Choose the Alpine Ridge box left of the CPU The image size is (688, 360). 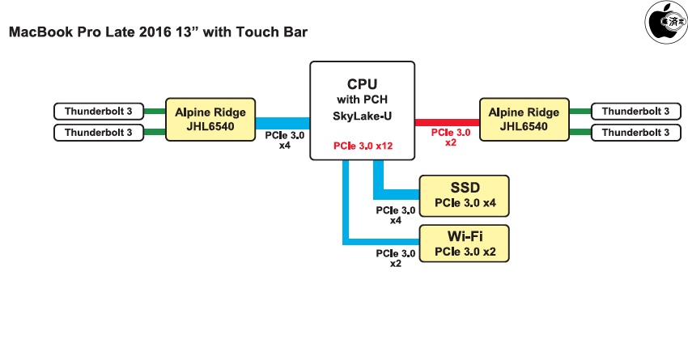click(x=210, y=120)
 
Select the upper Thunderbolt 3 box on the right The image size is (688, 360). click(x=635, y=111)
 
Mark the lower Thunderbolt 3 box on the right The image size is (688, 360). click(x=635, y=131)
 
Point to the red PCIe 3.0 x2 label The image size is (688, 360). click(x=450, y=137)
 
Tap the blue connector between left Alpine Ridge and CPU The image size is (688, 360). click(x=282, y=120)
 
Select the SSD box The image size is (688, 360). click(x=465, y=195)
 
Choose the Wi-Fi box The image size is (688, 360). click(x=465, y=244)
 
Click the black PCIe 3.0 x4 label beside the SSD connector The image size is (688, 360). click(x=396, y=215)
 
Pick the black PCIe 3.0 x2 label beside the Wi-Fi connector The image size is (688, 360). click(x=396, y=258)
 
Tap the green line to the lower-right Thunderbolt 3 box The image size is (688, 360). click(x=580, y=131)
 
